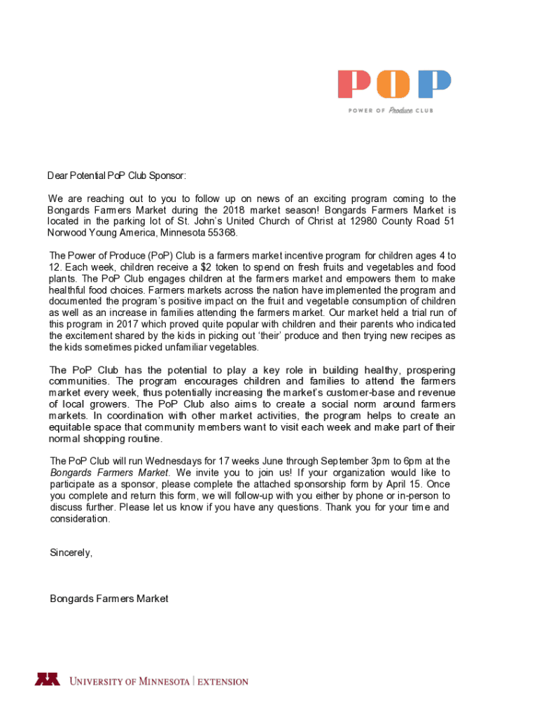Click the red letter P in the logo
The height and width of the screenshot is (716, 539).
(355, 85)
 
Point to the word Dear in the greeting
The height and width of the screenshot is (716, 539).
(58, 176)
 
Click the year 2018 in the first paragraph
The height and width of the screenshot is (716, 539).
(234, 210)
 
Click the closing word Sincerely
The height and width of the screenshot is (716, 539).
(71, 553)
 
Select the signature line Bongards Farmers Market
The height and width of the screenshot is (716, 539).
(109, 599)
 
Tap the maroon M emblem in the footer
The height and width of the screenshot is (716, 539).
(48, 679)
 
